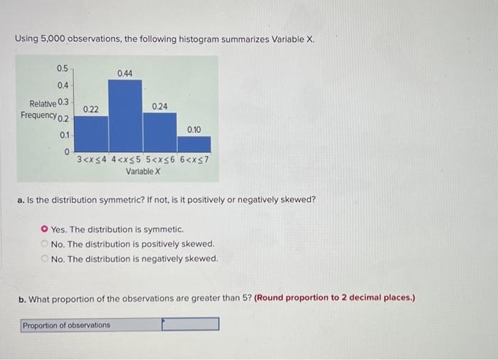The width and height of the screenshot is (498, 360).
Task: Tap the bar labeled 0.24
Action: tap(159, 130)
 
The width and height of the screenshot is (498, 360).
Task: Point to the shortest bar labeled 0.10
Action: tap(194, 141)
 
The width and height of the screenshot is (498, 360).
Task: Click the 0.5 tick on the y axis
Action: tap(63, 68)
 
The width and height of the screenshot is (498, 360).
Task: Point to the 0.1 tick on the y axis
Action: tap(64, 135)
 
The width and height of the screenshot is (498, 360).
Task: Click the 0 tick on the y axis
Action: tap(66, 152)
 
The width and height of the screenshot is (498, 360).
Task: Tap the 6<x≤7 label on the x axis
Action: tap(194, 160)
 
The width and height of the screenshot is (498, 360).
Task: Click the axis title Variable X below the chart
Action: tap(143, 171)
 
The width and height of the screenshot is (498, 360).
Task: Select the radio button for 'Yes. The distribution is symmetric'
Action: tap(45, 230)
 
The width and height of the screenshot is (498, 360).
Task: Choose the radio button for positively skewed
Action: tap(45, 244)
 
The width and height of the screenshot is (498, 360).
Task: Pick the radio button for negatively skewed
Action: tap(45, 258)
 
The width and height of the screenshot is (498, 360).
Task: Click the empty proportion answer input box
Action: tap(190, 324)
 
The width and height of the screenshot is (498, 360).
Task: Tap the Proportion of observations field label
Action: tap(67, 325)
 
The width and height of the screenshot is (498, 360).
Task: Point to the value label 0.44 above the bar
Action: tap(124, 73)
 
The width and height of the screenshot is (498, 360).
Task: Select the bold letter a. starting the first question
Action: tap(21, 199)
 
